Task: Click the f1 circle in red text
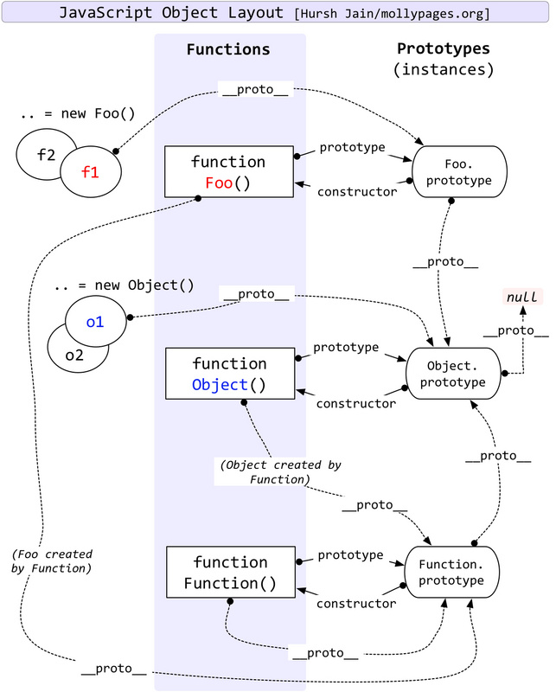pyautogui.click(x=90, y=172)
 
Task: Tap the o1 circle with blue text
pyautogui.click(x=95, y=322)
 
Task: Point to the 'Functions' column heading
pyautogui.click(x=228, y=49)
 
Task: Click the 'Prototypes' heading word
pyautogui.click(x=443, y=48)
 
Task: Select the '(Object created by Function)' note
pyautogui.click(x=280, y=471)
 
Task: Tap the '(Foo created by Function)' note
pyautogui.click(x=53, y=561)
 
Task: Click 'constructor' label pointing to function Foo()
pyautogui.click(x=357, y=191)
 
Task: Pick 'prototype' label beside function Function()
pyautogui.click(x=350, y=554)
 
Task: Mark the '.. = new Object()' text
pyautogui.click(x=124, y=285)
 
